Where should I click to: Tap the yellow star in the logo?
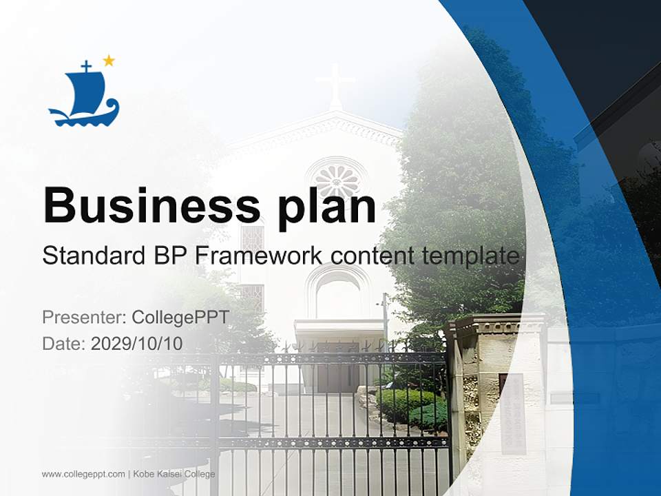[x=109, y=61]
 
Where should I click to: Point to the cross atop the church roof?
[x=335, y=83]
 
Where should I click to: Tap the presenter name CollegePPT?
[x=180, y=318]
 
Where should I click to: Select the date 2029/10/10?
[x=137, y=343]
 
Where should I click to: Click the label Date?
[x=64, y=343]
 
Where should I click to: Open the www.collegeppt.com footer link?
[x=83, y=474]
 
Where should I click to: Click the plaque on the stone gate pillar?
[x=512, y=413]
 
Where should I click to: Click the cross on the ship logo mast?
[x=86, y=66]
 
